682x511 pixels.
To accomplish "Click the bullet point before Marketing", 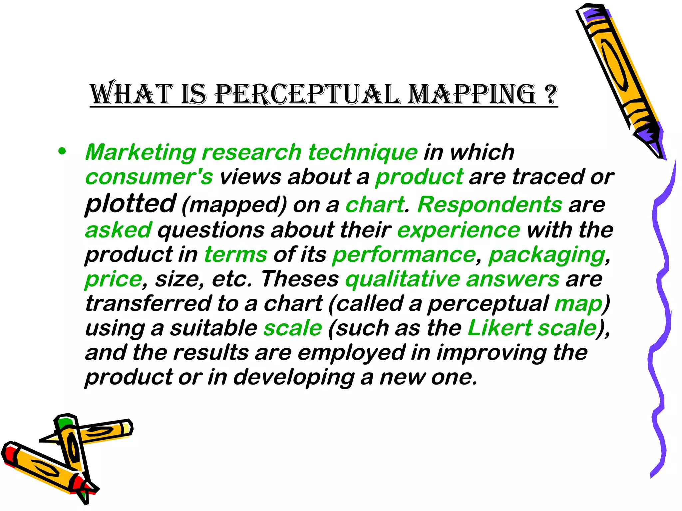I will (62, 151).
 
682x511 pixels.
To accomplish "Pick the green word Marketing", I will (141, 152).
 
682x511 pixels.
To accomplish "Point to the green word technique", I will (363, 152).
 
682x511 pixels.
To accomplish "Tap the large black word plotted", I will (130, 204).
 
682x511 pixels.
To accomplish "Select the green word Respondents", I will (490, 204).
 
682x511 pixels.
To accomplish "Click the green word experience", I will (459, 230).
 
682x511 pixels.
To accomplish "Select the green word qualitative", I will (403, 279).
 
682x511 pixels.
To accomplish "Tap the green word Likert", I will (500, 328).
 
